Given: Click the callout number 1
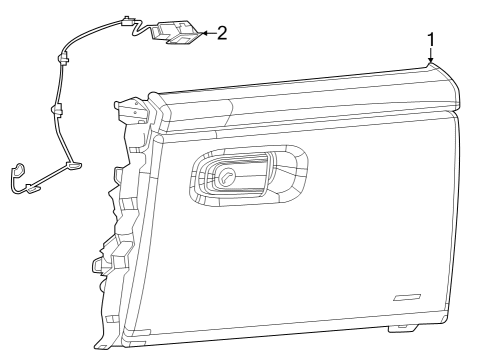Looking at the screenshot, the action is [x=431, y=40].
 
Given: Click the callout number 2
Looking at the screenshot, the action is [x=221, y=32].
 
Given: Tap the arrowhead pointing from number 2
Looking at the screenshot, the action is [x=203, y=33].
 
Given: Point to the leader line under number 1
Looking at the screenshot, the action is [x=432, y=56].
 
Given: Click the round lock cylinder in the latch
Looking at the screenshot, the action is [x=228, y=177].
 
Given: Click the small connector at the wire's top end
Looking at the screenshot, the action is [x=126, y=19].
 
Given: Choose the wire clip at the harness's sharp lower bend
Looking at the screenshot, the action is [x=71, y=164].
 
